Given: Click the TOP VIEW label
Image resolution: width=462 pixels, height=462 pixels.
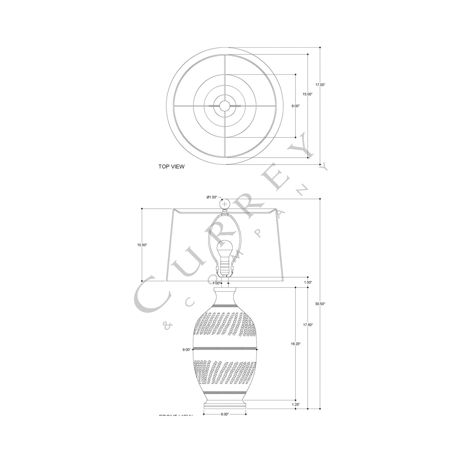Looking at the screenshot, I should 171,167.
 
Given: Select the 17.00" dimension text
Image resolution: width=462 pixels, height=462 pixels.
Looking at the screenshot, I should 320,85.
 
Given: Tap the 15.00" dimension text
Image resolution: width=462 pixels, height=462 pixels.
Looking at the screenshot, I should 308,94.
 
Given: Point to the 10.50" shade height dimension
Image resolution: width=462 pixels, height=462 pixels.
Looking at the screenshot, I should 142,245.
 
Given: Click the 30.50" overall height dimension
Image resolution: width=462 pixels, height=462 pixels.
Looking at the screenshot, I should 320,304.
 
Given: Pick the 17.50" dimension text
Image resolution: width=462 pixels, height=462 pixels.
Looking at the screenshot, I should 308,325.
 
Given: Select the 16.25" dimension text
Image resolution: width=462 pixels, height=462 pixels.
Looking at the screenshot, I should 295,344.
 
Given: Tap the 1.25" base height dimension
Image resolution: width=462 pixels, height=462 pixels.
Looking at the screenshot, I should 295,404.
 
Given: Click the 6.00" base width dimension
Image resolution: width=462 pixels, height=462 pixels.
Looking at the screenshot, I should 225,414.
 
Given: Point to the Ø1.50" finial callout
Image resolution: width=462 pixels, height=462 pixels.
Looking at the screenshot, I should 212,197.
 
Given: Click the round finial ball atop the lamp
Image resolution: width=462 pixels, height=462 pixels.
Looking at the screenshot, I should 225,203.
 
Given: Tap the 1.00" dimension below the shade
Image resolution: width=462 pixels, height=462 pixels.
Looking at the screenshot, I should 216,283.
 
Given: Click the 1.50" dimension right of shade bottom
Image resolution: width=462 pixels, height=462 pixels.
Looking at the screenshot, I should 307,282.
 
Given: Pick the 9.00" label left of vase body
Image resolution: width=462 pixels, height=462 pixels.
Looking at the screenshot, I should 186,349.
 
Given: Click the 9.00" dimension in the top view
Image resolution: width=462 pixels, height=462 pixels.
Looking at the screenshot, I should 295,106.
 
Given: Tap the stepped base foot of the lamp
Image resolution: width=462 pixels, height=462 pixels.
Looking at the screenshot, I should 225,405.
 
